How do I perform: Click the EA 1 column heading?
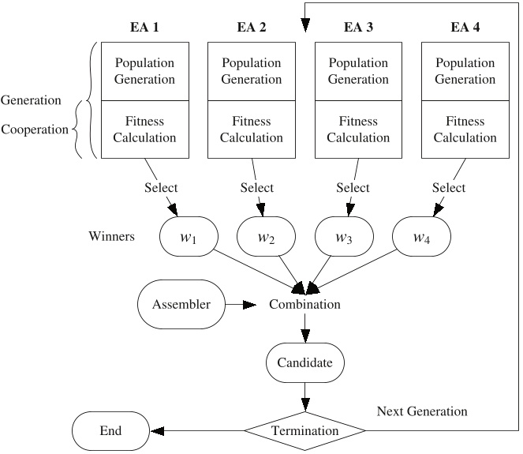click(x=144, y=27)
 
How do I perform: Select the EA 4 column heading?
click(x=465, y=27)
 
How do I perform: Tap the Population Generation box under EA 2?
click(x=252, y=71)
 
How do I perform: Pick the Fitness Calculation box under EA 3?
click(x=358, y=129)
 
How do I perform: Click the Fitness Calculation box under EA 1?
click(x=145, y=129)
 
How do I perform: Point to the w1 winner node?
click(x=189, y=236)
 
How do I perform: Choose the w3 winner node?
click(x=344, y=236)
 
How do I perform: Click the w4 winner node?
click(x=421, y=236)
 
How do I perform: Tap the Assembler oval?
click(x=181, y=304)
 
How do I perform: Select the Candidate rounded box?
click(x=304, y=362)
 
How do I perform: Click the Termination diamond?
click(x=304, y=430)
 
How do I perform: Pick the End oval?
click(x=110, y=430)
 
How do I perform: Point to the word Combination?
click(x=304, y=304)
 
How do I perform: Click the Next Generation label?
click(x=422, y=411)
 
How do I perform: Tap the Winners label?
click(x=112, y=236)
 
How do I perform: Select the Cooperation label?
click(x=35, y=129)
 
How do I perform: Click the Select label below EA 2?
click(x=257, y=187)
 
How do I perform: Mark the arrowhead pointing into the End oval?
click(x=157, y=431)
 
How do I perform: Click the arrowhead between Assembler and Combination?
click(x=249, y=305)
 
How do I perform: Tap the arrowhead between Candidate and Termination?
click(x=305, y=404)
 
